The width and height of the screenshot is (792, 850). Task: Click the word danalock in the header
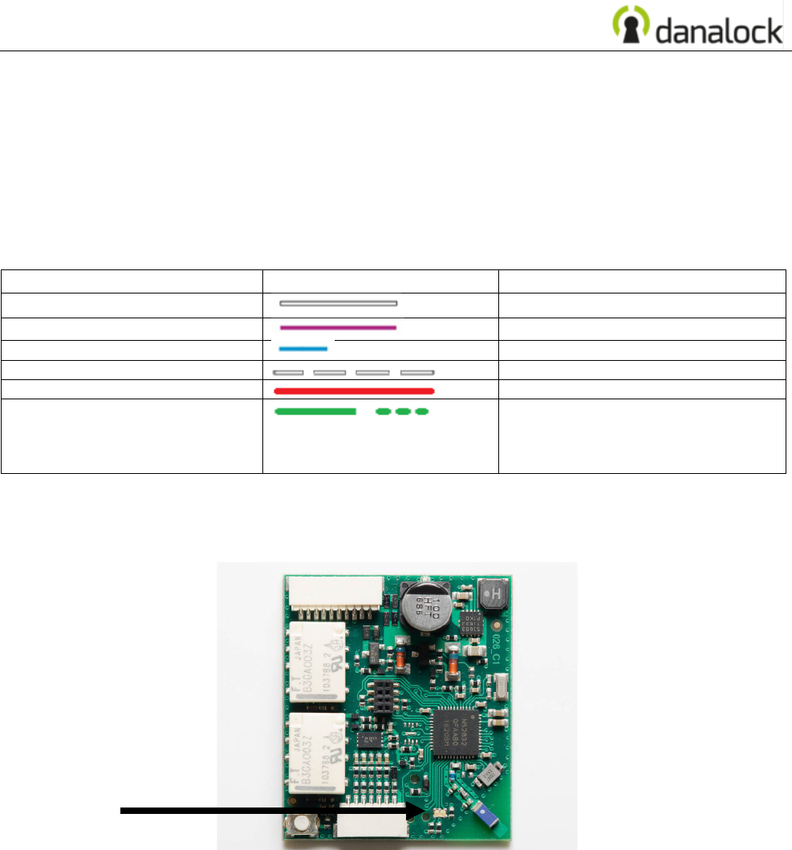(718, 31)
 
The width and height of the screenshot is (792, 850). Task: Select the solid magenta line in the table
(338, 327)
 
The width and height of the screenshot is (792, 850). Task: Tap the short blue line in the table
(303, 349)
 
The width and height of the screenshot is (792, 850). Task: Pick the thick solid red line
(354, 391)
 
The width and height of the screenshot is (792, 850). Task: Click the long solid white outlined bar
(338, 304)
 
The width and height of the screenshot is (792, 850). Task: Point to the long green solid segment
(315, 411)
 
